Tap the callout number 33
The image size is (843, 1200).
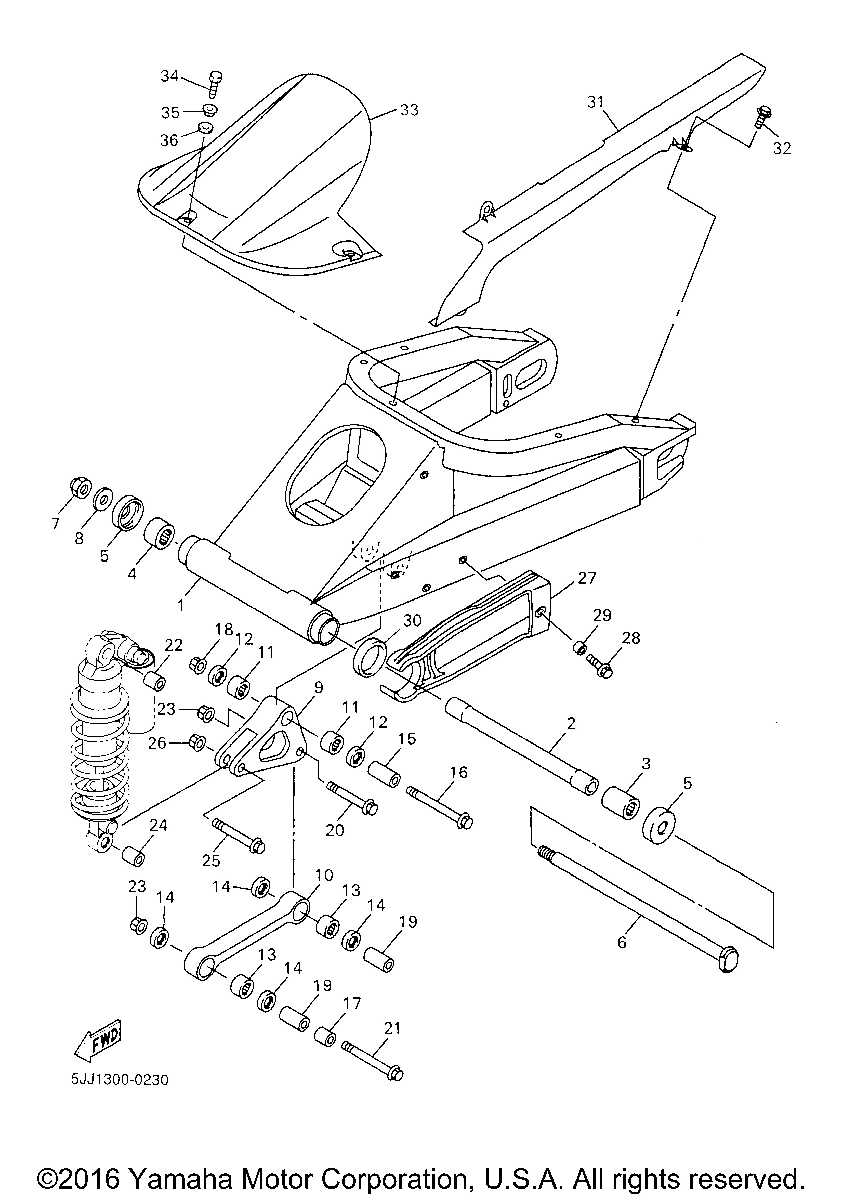(410, 110)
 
